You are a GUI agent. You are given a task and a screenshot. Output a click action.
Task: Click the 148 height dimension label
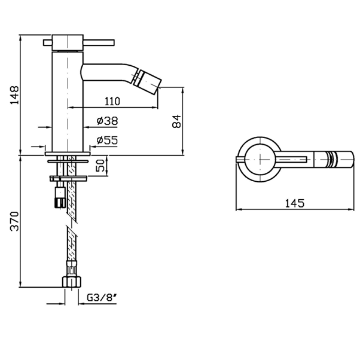[x=14, y=95]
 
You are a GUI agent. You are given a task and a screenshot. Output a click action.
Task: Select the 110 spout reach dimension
[x=112, y=101]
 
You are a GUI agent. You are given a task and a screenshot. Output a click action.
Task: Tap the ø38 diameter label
[x=107, y=121]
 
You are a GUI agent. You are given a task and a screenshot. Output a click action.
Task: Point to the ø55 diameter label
[x=107, y=140]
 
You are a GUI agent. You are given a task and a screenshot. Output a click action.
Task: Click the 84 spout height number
[x=177, y=121]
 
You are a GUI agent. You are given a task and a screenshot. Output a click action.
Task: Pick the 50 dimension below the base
[x=100, y=165]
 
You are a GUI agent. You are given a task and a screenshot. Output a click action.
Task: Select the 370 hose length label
[x=14, y=221]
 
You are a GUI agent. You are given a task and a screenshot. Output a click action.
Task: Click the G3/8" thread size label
[x=102, y=298]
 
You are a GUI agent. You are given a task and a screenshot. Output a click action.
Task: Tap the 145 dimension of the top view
[x=295, y=203]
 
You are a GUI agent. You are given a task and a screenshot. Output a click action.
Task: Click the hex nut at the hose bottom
[x=72, y=282]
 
